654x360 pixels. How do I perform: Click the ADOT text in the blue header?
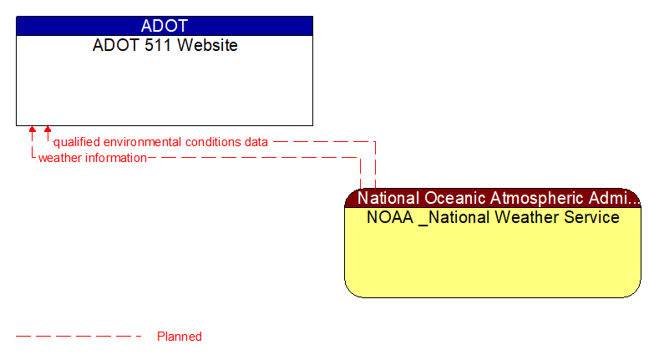(x=165, y=26)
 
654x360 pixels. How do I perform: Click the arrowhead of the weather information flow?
(x=33, y=130)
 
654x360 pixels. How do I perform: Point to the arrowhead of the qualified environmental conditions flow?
(x=48, y=130)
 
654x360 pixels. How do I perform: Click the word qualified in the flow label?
(x=76, y=142)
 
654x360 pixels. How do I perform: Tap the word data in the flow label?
(x=256, y=142)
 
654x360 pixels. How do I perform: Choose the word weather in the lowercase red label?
(x=61, y=158)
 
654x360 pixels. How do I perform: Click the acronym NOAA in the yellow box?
(x=389, y=218)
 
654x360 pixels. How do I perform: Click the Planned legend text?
(x=180, y=337)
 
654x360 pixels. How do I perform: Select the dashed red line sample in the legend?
(x=79, y=337)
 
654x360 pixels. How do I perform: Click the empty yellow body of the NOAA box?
(x=493, y=263)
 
